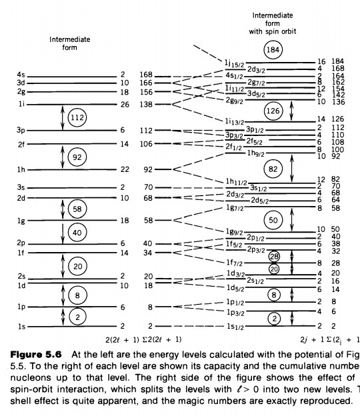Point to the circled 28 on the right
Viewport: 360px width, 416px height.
(274, 257)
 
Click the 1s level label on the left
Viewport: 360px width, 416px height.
(21, 327)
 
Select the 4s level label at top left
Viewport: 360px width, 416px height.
(21, 75)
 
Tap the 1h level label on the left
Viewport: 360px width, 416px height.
(21, 169)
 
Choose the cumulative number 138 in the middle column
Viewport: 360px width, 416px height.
(147, 105)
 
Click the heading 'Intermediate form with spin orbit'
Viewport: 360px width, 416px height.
(273, 21)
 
